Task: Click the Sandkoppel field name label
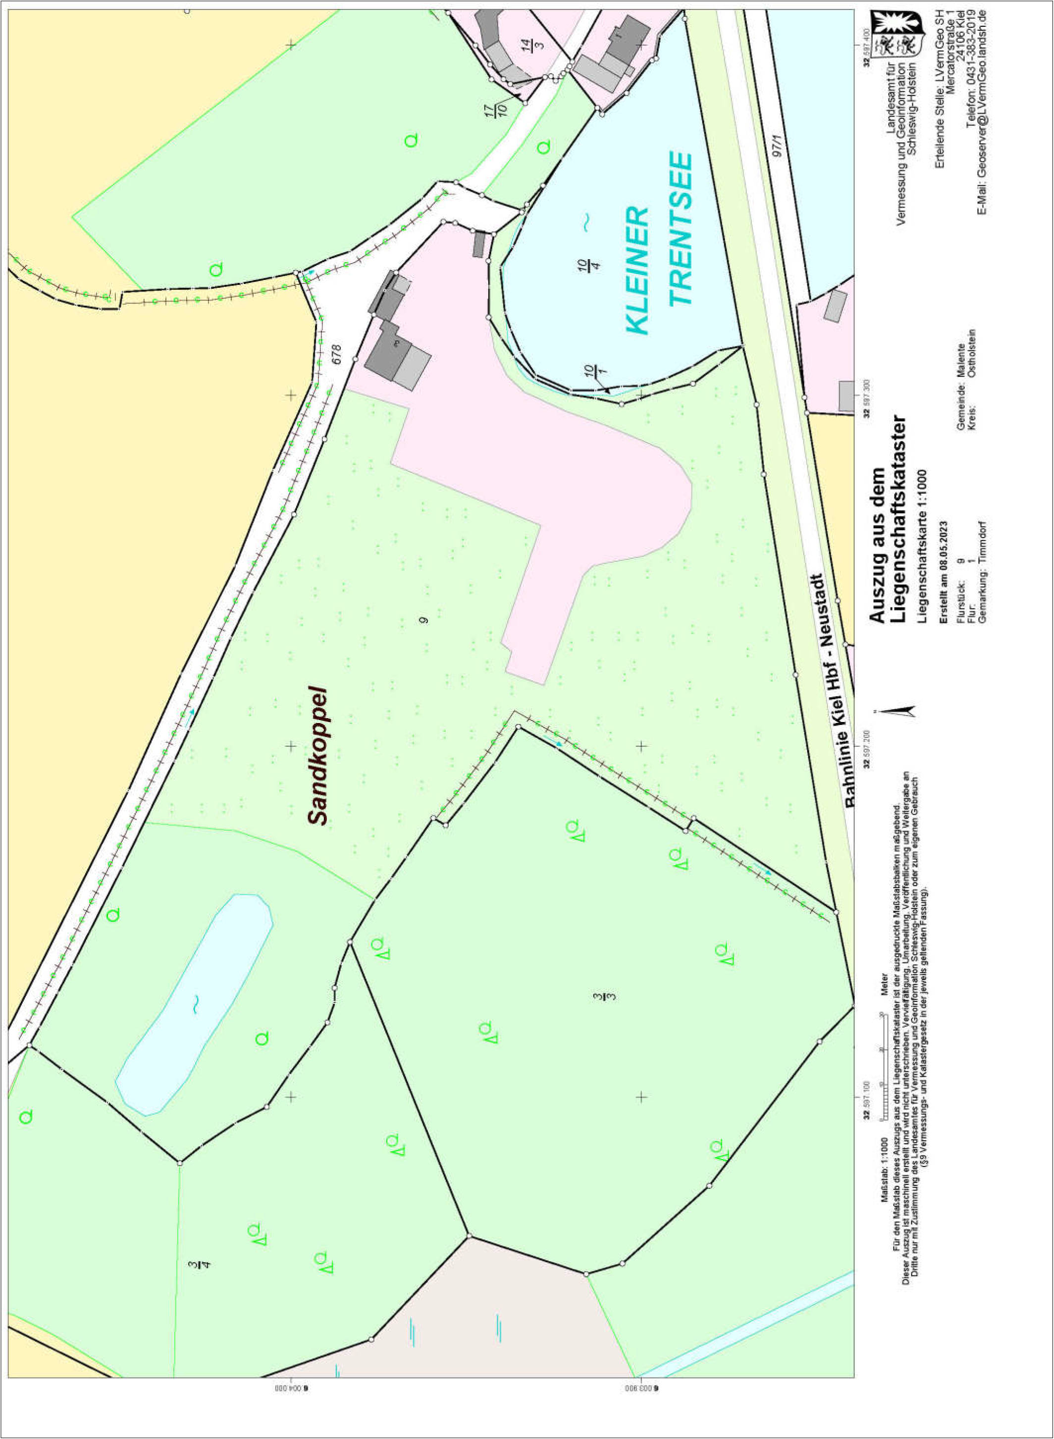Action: tap(316, 756)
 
